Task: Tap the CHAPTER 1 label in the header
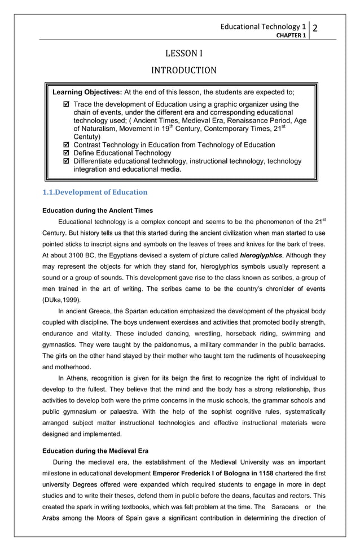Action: pos(291,36)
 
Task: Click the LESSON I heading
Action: pos(183,54)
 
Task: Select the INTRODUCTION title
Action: pos(183,71)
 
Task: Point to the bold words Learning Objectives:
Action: pos(87,92)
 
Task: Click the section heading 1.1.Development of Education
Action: pos(95,192)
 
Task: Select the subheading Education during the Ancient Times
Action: pos(98,211)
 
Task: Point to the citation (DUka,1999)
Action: pos(62,300)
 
